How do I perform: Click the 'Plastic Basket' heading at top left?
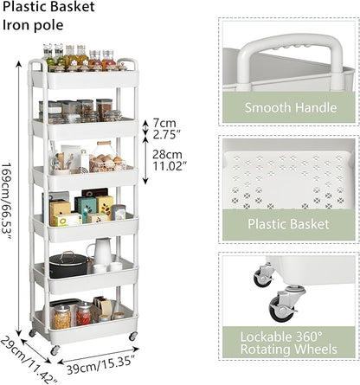pos(48,7)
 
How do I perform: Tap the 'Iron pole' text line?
pos(33,25)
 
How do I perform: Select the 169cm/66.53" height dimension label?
pos(7,201)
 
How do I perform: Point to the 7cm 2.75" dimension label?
pos(164,129)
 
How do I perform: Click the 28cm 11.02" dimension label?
pos(168,160)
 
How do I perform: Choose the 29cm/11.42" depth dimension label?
pos(28,361)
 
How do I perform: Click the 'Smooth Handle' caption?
pos(291,107)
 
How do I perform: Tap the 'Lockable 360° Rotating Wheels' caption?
pos(289,343)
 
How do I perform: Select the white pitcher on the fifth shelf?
pos(101,251)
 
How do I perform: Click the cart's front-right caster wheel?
pos(133,336)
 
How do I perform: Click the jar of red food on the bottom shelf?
pos(84,314)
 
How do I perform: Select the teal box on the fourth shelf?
pos(85,209)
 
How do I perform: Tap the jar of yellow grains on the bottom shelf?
pos(61,317)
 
